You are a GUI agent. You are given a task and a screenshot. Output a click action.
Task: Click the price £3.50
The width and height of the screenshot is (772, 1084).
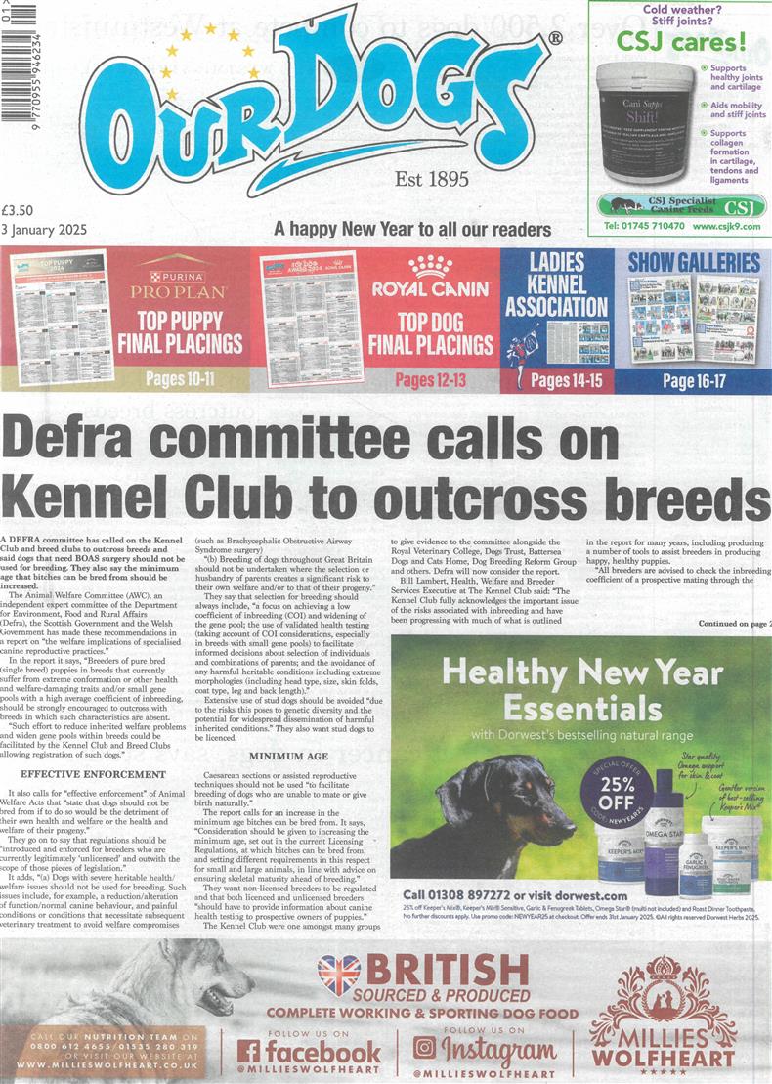(19, 208)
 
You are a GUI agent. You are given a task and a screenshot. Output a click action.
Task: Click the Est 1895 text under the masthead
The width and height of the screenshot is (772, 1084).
(431, 179)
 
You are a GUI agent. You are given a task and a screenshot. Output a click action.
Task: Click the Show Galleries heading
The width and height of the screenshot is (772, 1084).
(693, 262)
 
